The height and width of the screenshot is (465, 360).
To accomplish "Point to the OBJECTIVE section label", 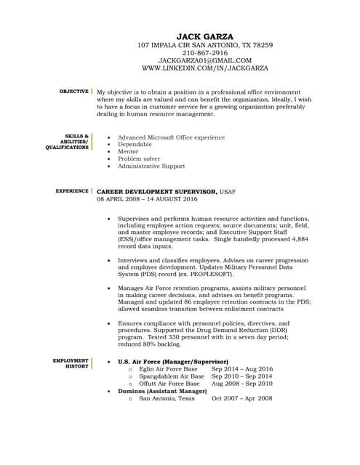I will coord(73,92).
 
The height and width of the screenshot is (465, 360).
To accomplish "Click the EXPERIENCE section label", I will coord(72,190).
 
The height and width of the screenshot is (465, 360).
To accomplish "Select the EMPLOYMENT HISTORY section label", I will coord(71,363).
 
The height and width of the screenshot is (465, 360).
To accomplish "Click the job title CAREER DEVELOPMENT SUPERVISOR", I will coord(156,190).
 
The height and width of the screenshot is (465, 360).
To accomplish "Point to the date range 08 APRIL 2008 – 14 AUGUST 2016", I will coord(147,198).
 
